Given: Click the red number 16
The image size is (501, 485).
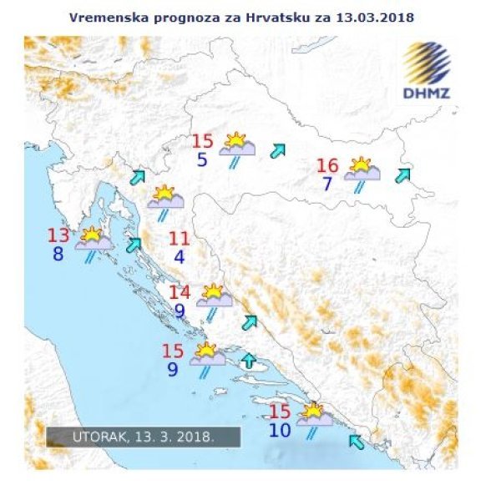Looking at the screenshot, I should (x=327, y=166).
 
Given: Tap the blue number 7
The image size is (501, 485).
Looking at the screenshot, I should (x=327, y=184).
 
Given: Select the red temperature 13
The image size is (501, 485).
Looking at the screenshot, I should (x=58, y=236).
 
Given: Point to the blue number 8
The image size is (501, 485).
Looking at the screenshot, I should (x=58, y=254).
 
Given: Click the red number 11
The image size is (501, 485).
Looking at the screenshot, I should (x=179, y=239).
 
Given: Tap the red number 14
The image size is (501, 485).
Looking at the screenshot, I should (x=180, y=293).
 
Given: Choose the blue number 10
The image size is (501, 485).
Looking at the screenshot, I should (x=280, y=430).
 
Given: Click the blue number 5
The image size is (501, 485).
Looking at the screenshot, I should (x=202, y=159).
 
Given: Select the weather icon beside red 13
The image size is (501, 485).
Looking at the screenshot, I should (x=93, y=241).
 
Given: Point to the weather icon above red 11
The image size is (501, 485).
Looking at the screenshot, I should (x=165, y=198).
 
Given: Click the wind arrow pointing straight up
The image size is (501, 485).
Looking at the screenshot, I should (x=249, y=361).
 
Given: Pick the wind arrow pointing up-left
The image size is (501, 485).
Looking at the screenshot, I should (x=357, y=440).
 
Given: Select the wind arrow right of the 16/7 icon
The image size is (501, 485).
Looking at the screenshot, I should (x=403, y=174).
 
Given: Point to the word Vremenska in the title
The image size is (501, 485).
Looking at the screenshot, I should (x=100, y=16).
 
